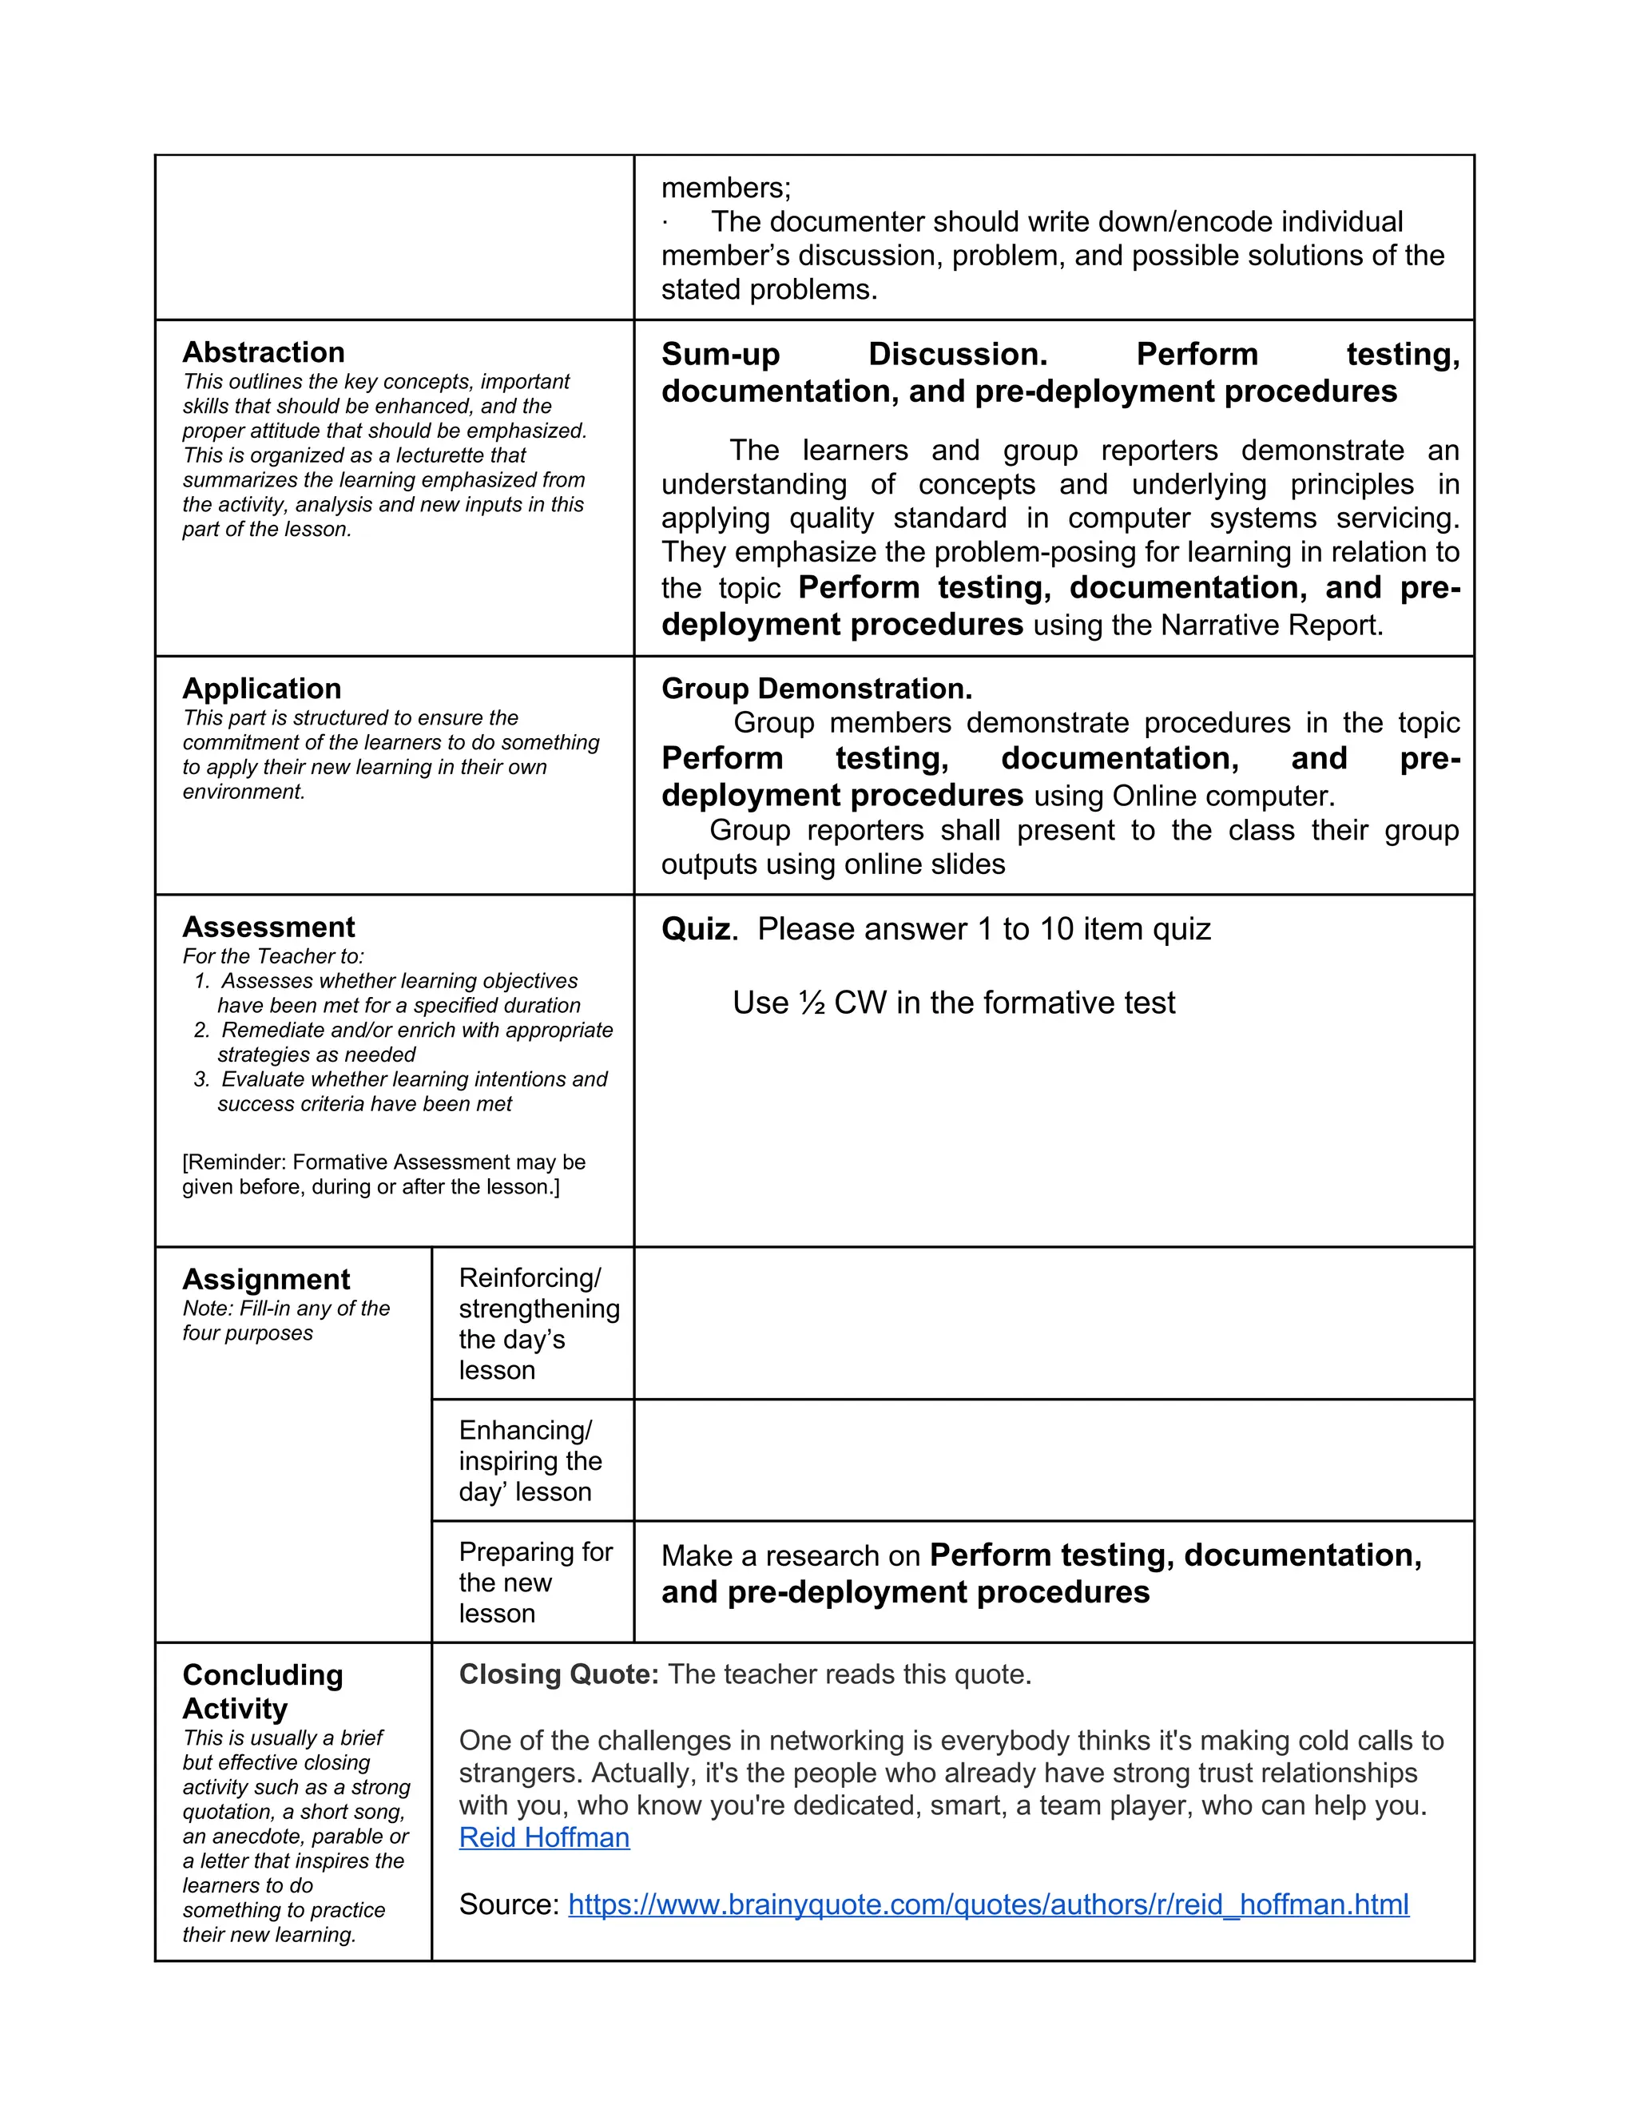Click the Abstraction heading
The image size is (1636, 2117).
coord(263,352)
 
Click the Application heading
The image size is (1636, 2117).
coord(262,688)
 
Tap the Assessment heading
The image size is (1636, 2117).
coord(268,927)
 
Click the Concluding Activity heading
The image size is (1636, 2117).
coord(263,1691)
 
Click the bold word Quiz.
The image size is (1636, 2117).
coord(697,928)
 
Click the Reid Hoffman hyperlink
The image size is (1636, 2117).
coord(544,1838)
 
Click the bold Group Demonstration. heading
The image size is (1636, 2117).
coord(816,688)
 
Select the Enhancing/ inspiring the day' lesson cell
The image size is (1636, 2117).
coord(530,1461)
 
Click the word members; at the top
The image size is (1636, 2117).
coord(726,187)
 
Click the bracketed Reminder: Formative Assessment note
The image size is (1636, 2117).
coord(383,1174)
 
